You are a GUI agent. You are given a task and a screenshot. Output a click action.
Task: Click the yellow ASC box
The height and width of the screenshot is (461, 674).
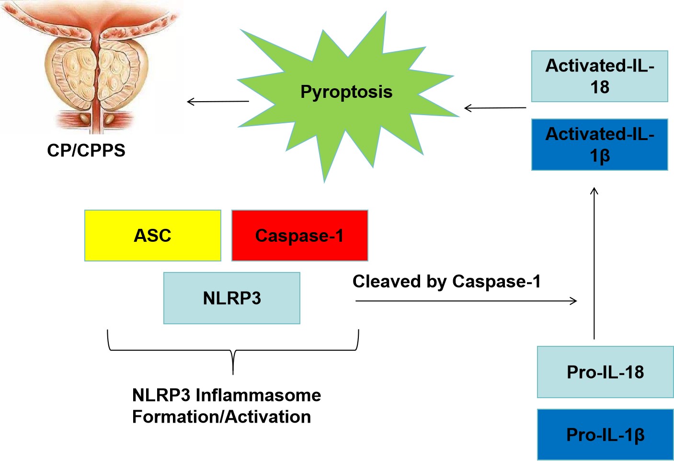tap(152, 236)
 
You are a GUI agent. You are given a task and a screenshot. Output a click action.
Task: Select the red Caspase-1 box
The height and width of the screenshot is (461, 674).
tap(299, 236)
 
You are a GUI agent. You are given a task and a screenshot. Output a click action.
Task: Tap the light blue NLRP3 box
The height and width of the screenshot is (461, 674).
tap(232, 298)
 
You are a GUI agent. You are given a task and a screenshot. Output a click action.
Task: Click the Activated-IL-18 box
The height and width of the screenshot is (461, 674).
tap(599, 76)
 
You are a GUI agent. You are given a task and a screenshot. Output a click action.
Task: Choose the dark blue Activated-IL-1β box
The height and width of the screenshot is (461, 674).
tap(599, 145)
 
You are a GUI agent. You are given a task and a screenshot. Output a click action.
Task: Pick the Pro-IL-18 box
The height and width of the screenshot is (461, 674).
tap(605, 372)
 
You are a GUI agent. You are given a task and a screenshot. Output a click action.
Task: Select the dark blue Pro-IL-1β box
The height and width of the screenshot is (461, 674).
tap(605, 435)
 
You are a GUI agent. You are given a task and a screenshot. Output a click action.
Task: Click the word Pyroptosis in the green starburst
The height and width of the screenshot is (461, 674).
tap(346, 92)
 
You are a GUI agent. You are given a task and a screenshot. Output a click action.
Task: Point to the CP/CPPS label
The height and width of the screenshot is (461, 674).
tap(86, 151)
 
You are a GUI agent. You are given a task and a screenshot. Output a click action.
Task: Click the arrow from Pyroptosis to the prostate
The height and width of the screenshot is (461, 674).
tap(218, 101)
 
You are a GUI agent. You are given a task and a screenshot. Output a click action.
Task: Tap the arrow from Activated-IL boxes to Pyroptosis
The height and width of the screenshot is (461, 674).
tap(495, 108)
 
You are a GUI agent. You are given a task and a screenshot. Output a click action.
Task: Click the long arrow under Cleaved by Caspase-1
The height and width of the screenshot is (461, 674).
tap(466, 301)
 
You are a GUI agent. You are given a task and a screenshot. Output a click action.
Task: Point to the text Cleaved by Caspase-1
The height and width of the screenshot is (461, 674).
tap(446, 282)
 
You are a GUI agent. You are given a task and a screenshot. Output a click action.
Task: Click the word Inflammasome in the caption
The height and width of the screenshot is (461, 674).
tap(258, 395)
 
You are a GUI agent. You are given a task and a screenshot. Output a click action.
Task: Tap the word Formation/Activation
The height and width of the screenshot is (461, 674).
tap(221, 417)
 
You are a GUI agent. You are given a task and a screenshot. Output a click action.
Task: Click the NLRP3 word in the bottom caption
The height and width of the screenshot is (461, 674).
tap(161, 395)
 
